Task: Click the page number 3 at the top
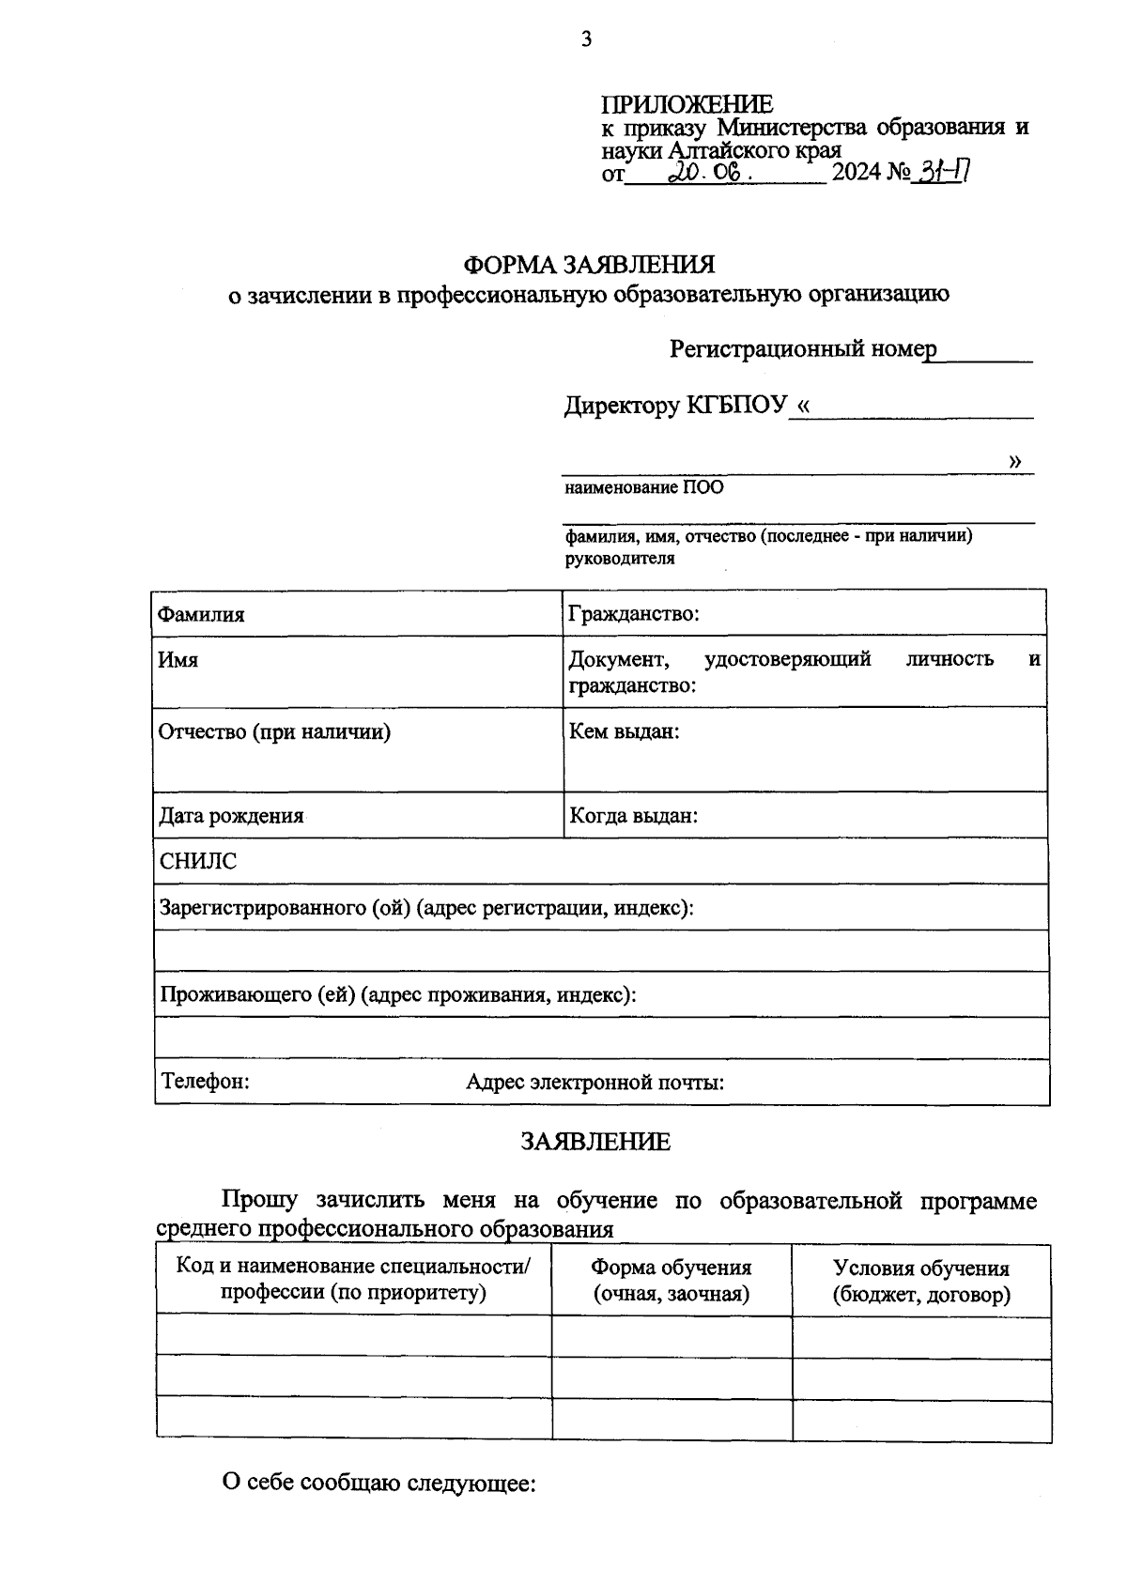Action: point(586,38)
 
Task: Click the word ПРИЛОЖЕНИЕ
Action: point(687,104)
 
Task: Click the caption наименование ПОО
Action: point(643,488)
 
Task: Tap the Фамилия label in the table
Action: point(201,615)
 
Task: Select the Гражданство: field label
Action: point(633,614)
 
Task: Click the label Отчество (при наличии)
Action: point(274,731)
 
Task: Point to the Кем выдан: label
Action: point(624,731)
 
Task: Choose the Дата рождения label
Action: point(231,816)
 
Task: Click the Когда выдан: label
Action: point(633,816)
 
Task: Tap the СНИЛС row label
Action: point(197,861)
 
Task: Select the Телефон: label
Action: point(205,1081)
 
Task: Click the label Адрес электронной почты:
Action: point(594,1082)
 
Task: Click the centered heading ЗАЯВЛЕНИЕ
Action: point(595,1142)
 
